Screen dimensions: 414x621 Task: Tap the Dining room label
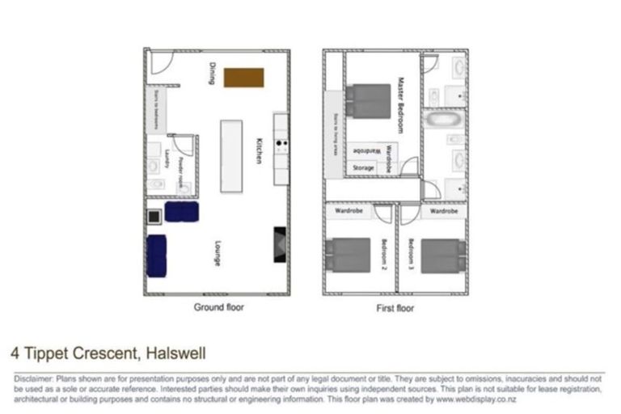[213, 73]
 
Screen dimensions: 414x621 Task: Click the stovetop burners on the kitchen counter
[282, 146]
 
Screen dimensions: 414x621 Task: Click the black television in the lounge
[279, 243]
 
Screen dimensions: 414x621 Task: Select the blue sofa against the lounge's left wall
[157, 256]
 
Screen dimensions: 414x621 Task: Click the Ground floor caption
[218, 307]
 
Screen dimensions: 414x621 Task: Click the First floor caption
[395, 308]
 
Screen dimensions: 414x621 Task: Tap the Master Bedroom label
[400, 105]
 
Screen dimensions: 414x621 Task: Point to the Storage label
[363, 168]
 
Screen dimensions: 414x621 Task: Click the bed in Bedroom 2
[348, 255]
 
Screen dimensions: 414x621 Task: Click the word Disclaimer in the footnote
[31, 378]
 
